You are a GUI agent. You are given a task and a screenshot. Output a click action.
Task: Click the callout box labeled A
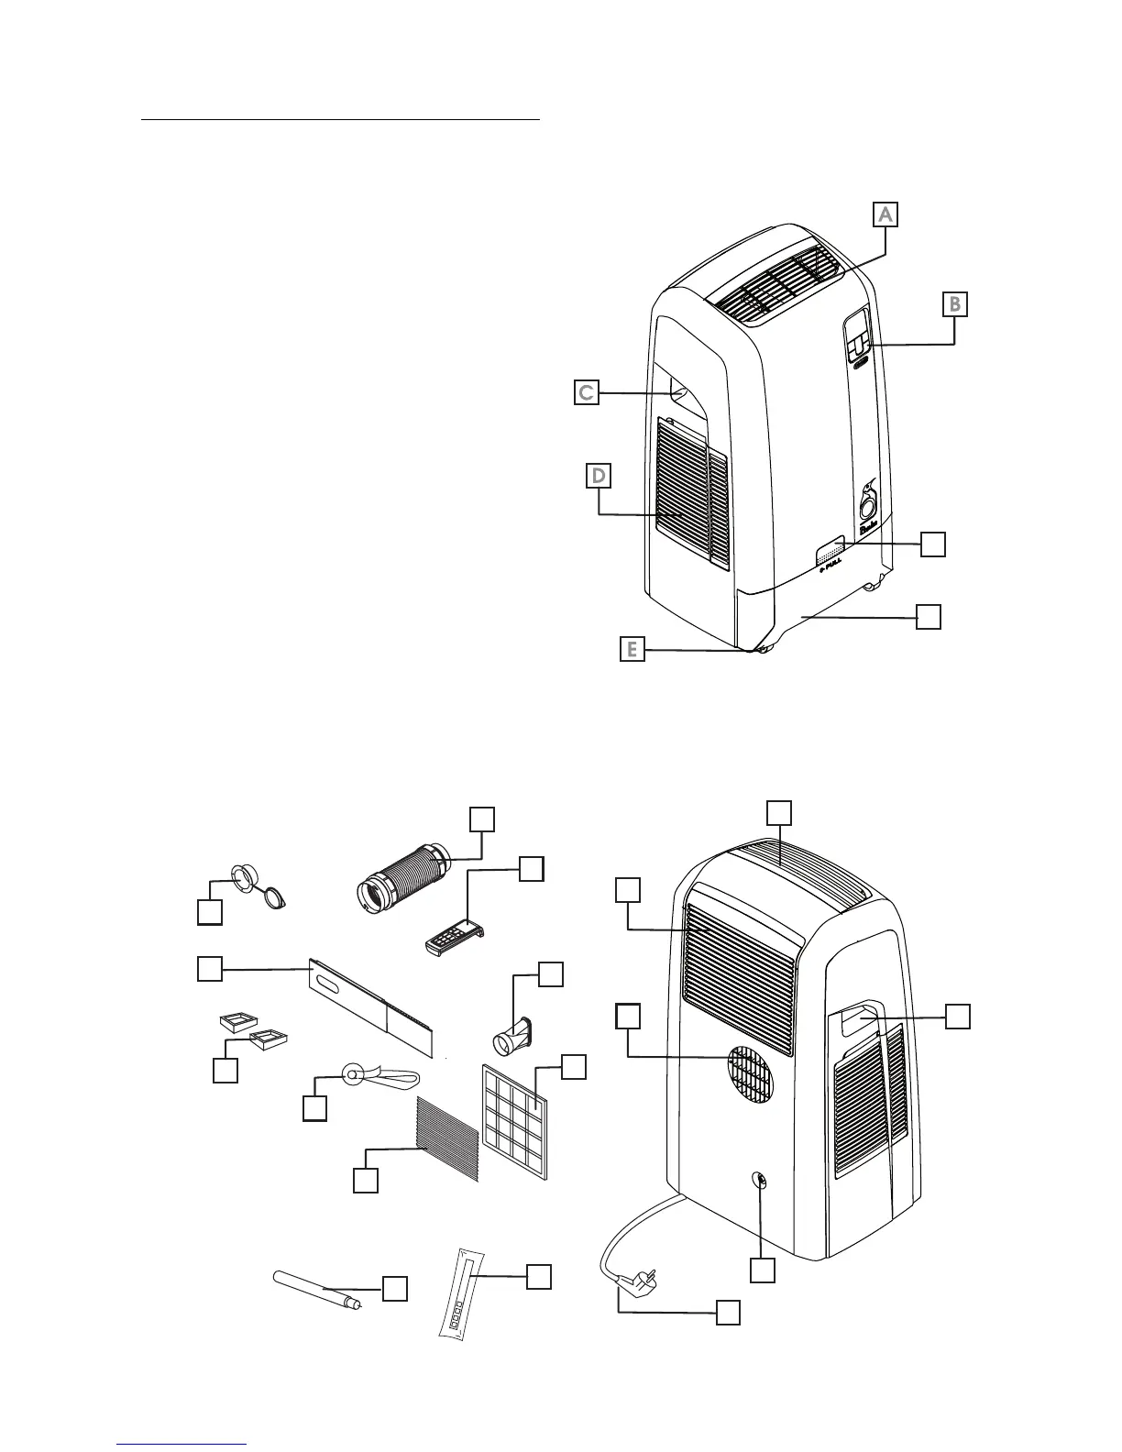tap(885, 214)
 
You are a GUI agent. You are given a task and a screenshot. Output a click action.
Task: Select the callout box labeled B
tap(954, 303)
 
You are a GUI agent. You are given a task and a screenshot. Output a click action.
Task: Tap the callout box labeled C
tap(587, 392)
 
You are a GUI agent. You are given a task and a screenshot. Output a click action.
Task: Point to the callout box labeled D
tap(599, 476)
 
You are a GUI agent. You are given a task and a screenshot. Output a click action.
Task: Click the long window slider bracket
tap(376, 1003)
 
